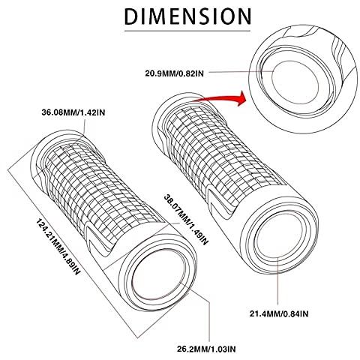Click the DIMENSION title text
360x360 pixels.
187,16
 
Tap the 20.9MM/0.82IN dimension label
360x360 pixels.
174,73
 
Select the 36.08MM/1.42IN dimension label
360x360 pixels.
73,112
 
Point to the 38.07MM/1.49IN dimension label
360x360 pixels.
186,220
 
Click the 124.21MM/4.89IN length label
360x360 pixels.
58,247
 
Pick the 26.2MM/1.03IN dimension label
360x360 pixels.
206,349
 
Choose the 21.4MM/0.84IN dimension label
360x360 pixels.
279,313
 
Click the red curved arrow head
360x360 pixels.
241,98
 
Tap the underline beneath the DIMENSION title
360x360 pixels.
187,31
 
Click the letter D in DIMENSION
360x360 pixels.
130,16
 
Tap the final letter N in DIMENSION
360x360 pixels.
244,16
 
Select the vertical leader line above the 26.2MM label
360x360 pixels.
209,321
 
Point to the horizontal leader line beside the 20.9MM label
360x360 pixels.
240,72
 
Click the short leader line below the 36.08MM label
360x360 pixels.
84,127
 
